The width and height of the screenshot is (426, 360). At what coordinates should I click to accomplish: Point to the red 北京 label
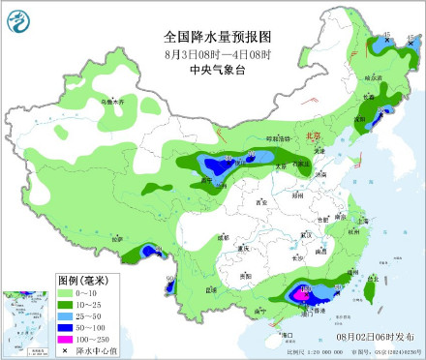click(x=312, y=136)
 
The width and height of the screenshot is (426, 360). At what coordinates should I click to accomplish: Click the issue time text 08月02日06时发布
click(x=372, y=334)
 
